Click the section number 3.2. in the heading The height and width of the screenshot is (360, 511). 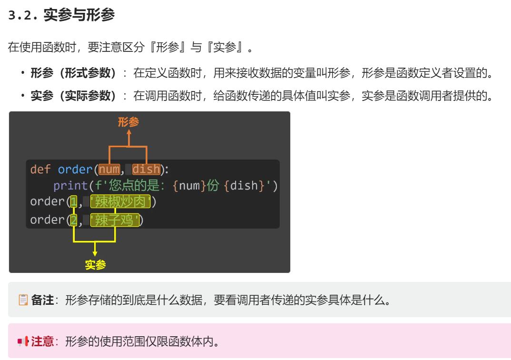(x=23, y=16)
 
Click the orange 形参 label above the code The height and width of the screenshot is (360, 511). (x=128, y=122)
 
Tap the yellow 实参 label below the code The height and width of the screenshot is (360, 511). (x=95, y=265)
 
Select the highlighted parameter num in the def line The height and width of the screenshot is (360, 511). (x=109, y=170)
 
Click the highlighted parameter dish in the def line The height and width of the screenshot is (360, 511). (x=146, y=170)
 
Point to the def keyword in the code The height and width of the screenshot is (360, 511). (x=40, y=170)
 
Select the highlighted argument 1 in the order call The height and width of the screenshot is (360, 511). (x=73, y=202)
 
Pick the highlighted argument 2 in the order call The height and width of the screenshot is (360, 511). (x=73, y=220)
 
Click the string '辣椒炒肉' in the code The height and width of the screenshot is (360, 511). (x=120, y=202)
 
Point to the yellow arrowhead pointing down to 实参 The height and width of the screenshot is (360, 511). (x=95, y=253)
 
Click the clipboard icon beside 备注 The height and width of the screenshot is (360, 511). (x=23, y=300)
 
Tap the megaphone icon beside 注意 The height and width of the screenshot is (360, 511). (x=23, y=341)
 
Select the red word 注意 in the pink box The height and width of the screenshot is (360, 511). (x=42, y=341)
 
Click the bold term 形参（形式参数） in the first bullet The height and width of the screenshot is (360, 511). (x=74, y=73)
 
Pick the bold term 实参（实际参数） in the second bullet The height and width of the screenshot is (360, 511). (x=74, y=96)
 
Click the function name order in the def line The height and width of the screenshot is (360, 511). (x=75, y=170)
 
